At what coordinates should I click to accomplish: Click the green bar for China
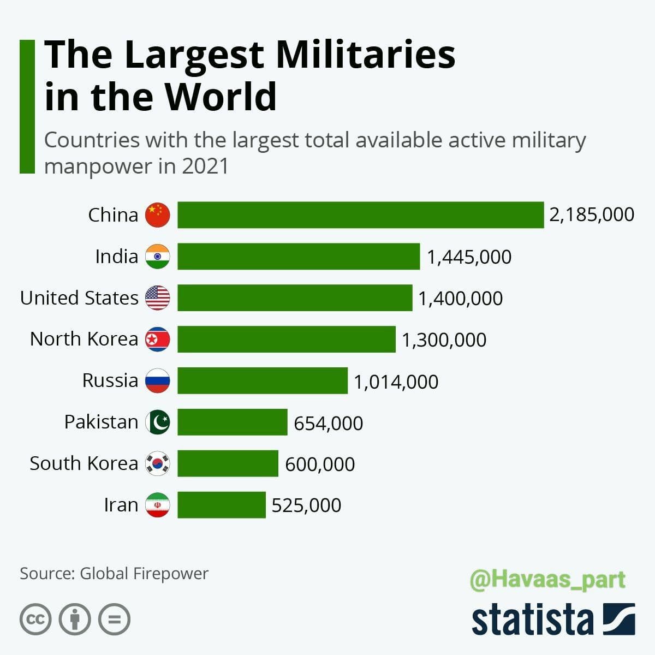coord(360,215)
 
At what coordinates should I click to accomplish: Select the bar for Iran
coord(221,505)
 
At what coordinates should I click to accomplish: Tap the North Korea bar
coord(286,339)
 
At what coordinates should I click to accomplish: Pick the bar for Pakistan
coord(232,422)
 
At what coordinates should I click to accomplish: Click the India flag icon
coord(157,257)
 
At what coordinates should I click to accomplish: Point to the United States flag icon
coord(157,298)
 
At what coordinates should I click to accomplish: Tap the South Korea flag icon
coord(157,463)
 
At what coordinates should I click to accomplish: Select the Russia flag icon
coord(157,380)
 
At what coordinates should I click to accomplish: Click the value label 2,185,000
coord(592,215)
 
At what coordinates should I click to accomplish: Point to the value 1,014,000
coord(396,382)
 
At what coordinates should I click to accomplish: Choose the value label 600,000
coord(320,464)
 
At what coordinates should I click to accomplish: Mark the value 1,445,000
coord(469,257)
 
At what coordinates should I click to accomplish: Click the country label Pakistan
coord(102,422)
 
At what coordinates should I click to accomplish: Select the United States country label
coord(80,298)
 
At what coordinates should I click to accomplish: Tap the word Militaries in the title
coord(365,55)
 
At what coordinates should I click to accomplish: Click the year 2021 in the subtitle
coord(205,166)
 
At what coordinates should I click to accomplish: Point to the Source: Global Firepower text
coord(114,574)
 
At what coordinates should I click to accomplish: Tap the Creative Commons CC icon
coord(35,620)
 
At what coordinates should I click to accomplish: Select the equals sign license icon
coord(115,620)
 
